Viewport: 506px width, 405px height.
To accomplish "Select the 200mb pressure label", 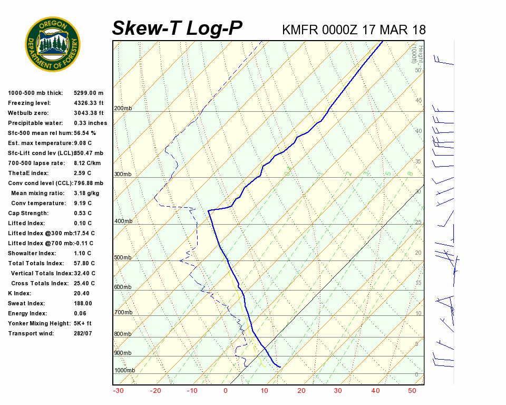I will pyautogui.click(x=123, y=109).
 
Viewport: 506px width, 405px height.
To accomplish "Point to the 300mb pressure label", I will pyautogui.click(x=123, y=175).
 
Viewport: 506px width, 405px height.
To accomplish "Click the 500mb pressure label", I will pyautogui.click(x=123, y=258).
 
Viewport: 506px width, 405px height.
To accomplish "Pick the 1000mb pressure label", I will pyautogui.click(x=124, y=371).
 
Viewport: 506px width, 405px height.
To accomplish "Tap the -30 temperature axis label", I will pyautogui.click(x=118, y=391).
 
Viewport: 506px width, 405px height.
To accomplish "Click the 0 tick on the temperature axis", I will pyautogui.click(x=226, y=391).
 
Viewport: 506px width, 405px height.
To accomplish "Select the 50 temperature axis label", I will pyautogui.click(x=412, y=391).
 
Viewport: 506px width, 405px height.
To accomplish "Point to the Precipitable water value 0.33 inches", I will pyautogui.click(x=91, y=123).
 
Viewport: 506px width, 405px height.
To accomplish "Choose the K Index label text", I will pyautogui.click(x=20, y=294).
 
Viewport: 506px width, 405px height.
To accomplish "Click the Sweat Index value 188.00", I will pyautogui.click(x=83, y=304).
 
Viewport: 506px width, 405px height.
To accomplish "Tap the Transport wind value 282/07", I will pyautogui.click(x=83, y=334).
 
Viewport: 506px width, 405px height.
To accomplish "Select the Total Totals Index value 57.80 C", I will pyautogui.click(x=84, y=264).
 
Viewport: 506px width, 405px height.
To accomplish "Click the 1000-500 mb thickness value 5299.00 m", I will pyautogui.click(x=89, y=93).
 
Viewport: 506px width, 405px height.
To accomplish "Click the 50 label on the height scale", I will pyautogui.click(x=417, y=70).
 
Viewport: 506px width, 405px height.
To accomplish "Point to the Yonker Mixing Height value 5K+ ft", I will pyautogui.click(x=83, y=324).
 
